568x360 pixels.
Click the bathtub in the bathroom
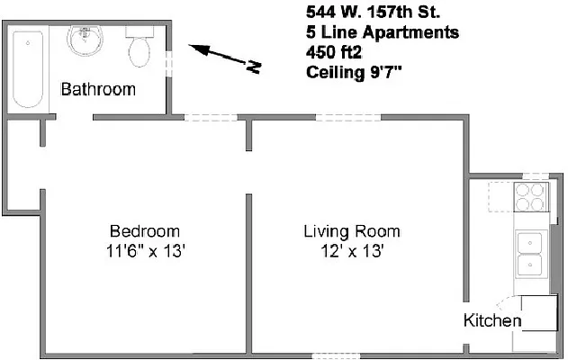[28, 67]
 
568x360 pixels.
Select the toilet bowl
[140, 51]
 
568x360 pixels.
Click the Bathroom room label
[98, 89]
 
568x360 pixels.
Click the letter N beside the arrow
[255, 66]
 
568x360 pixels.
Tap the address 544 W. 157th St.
[372, 13]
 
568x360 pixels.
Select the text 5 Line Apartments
[383, 33]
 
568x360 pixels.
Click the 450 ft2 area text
[334, 53]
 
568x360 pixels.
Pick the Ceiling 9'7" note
[354, 73]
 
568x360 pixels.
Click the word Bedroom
[144, 231]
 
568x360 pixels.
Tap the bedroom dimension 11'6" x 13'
[144, 251]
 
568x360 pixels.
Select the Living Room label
[351, 231]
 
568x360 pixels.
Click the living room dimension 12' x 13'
[351, 251]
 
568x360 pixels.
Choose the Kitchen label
[491, 320]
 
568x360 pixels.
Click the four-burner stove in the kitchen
[531, 197]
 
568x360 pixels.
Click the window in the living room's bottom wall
[335, 356]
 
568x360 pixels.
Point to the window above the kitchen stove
[536, 176]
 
